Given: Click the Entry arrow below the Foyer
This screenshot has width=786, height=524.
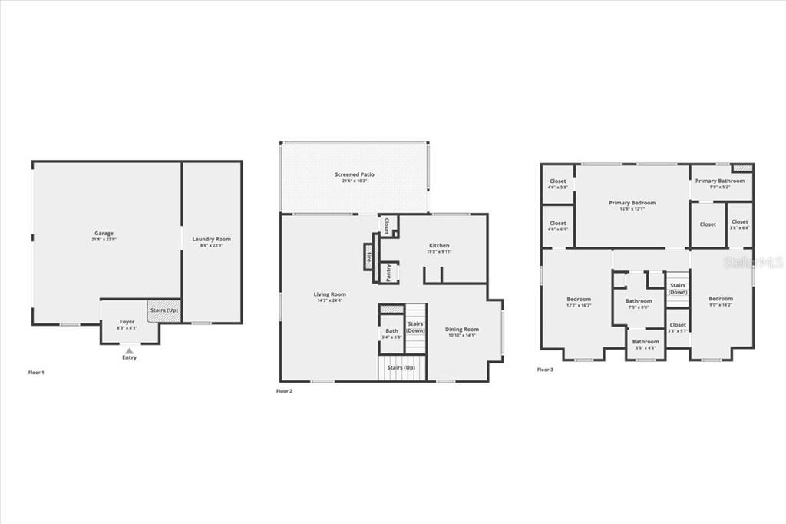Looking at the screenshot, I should point(129,350).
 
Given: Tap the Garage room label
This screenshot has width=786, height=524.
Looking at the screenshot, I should point(104,234).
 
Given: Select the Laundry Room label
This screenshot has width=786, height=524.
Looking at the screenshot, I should point(211,239).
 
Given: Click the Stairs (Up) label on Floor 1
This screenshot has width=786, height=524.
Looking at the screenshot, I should point(163,310).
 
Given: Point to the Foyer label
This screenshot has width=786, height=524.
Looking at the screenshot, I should point(127,322).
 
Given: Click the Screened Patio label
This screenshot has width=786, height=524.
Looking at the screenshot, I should point(355,175).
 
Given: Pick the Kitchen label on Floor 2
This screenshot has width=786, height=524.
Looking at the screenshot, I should point(439,246).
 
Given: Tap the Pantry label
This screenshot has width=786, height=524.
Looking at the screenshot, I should point(390,272).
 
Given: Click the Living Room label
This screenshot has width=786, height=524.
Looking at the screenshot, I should point(330,294).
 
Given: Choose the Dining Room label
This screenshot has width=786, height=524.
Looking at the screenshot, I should point(462,330).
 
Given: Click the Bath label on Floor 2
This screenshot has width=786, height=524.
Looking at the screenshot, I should point(392,331).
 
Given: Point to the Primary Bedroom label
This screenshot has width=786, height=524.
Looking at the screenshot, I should point(632,203).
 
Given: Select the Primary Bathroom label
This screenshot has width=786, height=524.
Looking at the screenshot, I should point(720,181).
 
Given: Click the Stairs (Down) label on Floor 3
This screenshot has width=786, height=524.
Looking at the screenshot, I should point(678,289).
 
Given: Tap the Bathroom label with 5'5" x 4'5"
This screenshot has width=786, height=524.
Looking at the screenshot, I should point(646,342).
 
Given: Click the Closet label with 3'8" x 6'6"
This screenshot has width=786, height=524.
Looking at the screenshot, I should point(740,222).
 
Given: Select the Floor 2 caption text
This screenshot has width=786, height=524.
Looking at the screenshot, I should point(285,391).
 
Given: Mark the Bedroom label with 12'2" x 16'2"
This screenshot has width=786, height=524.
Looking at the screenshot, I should point(580,299).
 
